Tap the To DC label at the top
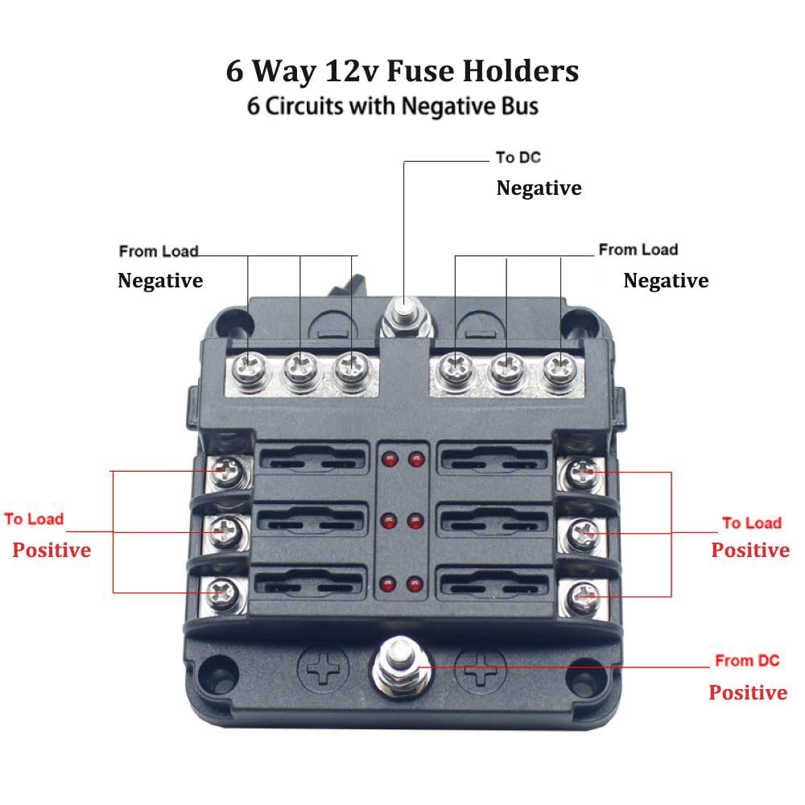518,157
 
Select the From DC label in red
747,661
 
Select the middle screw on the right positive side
582,531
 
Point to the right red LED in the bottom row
416,584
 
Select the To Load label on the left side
34,519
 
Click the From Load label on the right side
638,250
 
